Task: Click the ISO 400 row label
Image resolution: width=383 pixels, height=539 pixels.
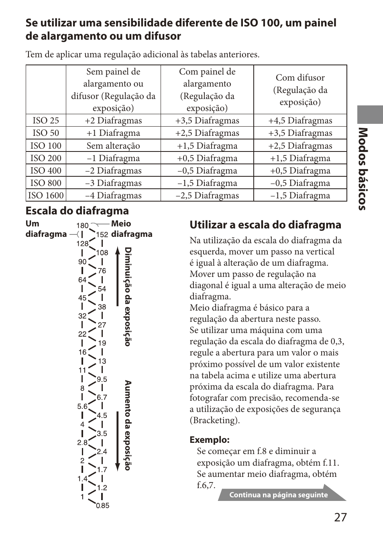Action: (46, 171)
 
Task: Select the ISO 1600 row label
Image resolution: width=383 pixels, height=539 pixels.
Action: (46, 196)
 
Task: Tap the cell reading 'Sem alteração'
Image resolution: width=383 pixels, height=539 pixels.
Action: (113, 146)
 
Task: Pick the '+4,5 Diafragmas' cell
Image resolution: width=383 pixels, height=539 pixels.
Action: (300, 121)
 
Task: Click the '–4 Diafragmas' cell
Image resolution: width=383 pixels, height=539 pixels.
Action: (113, 196)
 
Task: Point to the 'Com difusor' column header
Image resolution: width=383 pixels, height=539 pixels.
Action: (300, 90)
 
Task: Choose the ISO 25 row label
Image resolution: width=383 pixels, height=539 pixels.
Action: (46, 121)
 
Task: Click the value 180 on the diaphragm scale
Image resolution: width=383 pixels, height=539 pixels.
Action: (82, 226)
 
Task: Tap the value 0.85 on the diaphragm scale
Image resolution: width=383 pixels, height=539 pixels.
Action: (103, 506)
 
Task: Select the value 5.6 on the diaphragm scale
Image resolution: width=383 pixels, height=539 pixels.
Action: (82, 406)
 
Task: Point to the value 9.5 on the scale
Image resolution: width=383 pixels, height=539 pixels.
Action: (102, 380)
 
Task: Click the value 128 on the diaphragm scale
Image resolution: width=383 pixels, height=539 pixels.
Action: (82, 244)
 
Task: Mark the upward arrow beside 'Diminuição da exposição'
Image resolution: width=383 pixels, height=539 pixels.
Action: (118, 277)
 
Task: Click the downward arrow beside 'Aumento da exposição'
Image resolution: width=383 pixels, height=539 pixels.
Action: (118, 441)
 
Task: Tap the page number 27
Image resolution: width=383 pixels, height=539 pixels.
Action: (340, 517)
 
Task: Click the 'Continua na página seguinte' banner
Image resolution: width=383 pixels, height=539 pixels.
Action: (279, 495)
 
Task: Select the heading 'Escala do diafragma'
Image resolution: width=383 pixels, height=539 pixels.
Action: (77, 211)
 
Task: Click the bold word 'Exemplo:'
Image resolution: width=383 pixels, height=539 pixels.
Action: (210, 440)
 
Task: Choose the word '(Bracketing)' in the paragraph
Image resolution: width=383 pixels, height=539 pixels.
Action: (214, 420)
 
